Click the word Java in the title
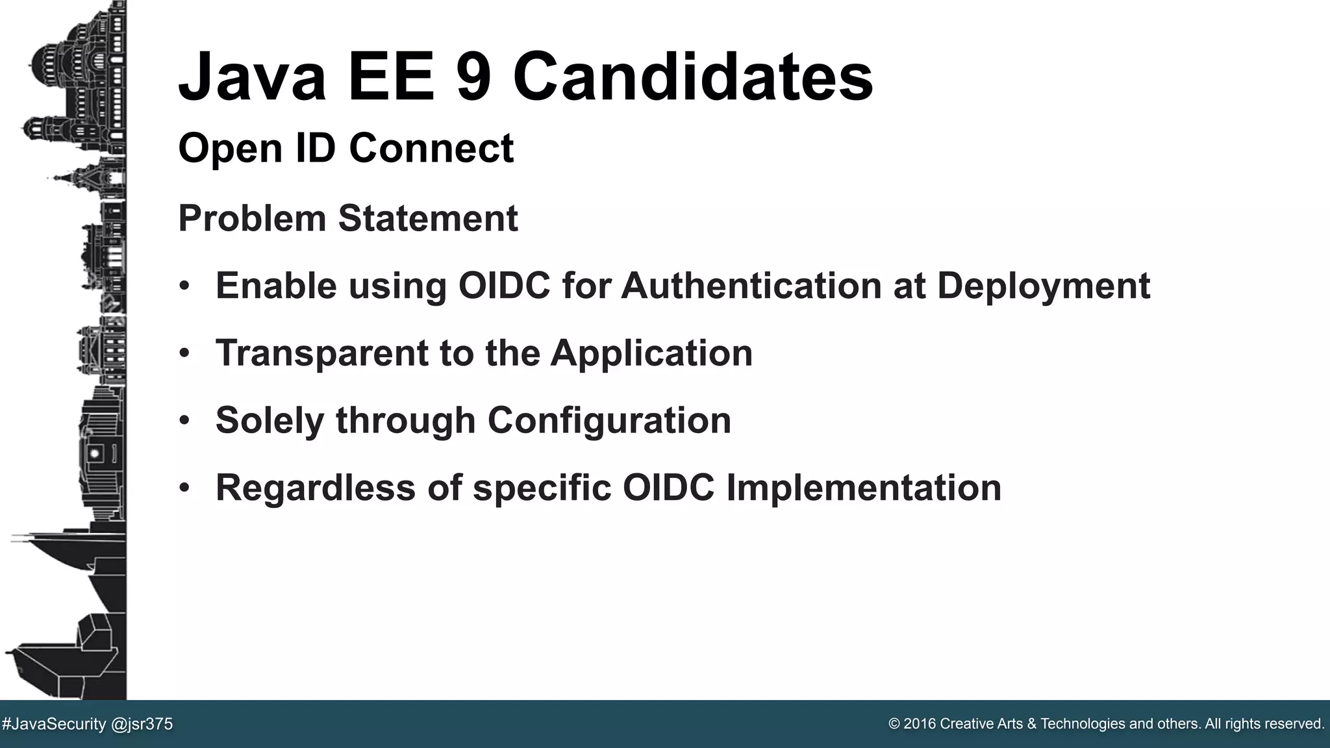[x=252, y=77]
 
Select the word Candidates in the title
[x=693, y=77]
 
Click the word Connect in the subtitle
[x=431, y=148]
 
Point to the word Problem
[x=252, y=219]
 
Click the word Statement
[x=428, y=219]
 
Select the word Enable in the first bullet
[x=276, y=286]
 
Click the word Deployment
[x=1044, y=287]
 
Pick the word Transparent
[x=321, y=353]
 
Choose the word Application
[x=651, y=355]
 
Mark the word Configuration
[x=609, y=421]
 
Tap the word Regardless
[x=315, y=488]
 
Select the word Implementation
[x=864, y=488]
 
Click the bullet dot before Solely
[x=185, y=421]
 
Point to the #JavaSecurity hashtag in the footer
[x=54, y=724]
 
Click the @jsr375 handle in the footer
[x=142, y=724]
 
